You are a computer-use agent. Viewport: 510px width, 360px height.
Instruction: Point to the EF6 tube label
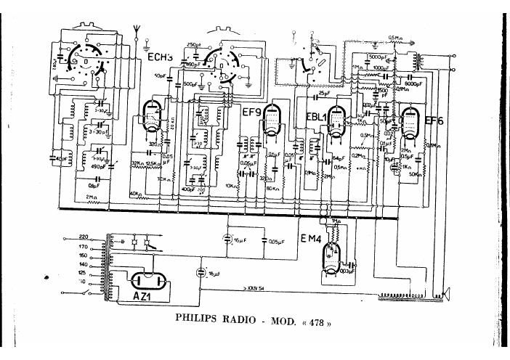(x=434, y=120)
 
